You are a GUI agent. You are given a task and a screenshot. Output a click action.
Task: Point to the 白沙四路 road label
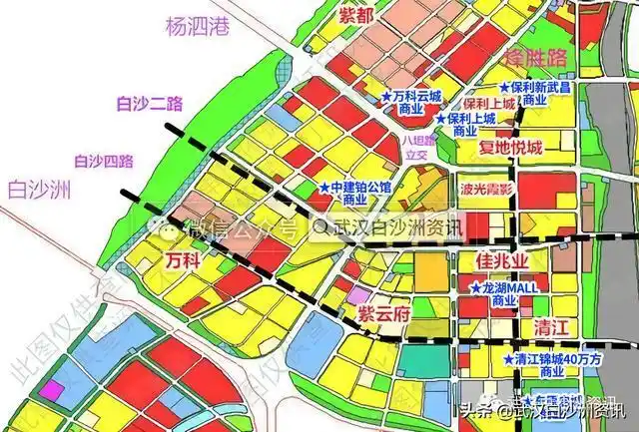pyautogui.click(x=104, y=159)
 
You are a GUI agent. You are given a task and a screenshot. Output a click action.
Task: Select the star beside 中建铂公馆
pyautogui.click(x=323, y=187)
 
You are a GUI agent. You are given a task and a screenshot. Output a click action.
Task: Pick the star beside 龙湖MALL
pyautogui.click(x=474, y=287)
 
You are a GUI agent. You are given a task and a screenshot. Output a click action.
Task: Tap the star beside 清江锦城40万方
pyautogui.click(x=507, y=357)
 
